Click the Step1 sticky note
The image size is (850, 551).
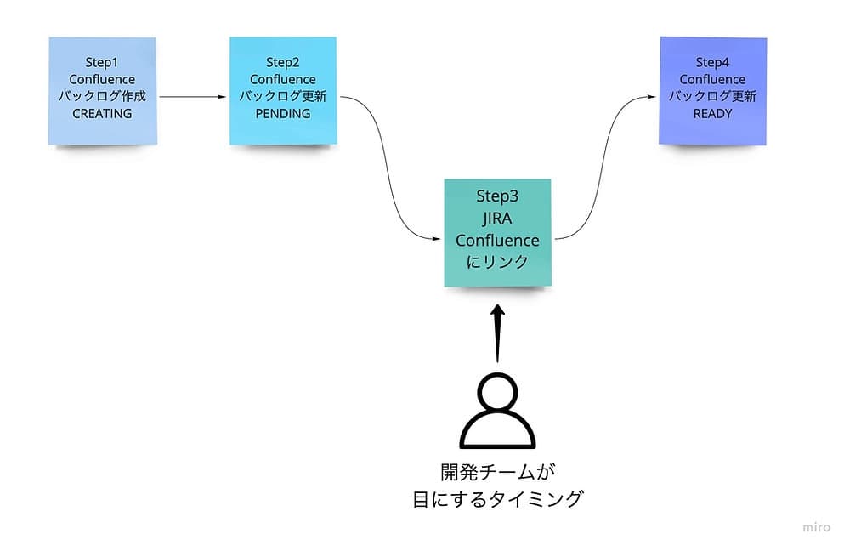tap(102, 90)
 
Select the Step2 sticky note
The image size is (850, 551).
tap(282, 90)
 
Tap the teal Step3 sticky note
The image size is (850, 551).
tap(497, 231)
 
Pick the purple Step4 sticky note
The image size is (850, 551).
tap(712, 90)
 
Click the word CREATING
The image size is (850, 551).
tap(102, 113)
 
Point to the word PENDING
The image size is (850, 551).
tap(282, 113)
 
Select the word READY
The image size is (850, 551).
tap(712, 113)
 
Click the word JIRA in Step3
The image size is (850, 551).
tap(497, 219)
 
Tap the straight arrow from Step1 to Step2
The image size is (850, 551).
tap(194, 97)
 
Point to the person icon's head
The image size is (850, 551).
tap(497, 392)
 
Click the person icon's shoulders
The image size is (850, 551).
tap(497, 434)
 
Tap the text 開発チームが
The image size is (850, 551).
tap(497, 471)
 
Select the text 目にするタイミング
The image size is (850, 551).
tap(497, 499)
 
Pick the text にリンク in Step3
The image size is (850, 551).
tap(497, 263)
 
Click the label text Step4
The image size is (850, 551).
tap(712, 62)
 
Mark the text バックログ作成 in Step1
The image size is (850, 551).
tap(102, 96)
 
